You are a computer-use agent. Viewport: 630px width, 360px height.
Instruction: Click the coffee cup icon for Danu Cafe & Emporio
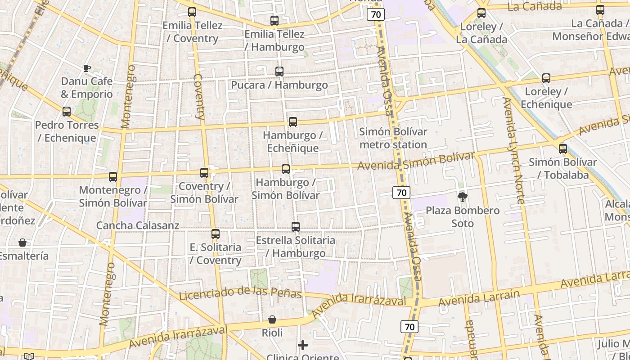(86, 68)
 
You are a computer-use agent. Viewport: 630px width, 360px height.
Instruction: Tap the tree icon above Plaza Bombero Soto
(462, 197)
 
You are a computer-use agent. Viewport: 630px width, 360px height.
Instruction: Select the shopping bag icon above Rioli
(272, 320)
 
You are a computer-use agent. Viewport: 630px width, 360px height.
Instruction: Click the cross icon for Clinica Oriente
(303, 345)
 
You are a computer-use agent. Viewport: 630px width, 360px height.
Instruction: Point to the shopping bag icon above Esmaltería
(22, 243)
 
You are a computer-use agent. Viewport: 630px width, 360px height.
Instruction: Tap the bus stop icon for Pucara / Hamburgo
(279, 72)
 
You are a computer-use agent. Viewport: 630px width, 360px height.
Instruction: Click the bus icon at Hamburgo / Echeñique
(293, 122)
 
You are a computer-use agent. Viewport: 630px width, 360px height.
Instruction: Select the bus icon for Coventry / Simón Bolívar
(204, 173)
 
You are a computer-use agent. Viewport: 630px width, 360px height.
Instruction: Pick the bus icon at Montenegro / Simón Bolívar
(113, 177)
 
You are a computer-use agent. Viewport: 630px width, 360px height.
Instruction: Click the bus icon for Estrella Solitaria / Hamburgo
(296, 227)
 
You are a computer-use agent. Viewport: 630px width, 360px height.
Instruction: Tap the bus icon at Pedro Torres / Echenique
(67, 112)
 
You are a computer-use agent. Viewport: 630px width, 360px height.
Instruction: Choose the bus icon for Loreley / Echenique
(546, 78)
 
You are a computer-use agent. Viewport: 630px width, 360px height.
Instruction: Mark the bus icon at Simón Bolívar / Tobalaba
(563, 149)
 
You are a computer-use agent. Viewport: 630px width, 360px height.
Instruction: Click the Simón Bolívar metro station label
(393, 138)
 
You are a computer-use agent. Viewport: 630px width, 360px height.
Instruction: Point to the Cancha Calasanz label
(138, 225)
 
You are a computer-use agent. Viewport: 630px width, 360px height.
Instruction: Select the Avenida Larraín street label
(479, 298)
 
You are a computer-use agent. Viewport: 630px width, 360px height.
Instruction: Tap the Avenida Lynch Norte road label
(514, 151)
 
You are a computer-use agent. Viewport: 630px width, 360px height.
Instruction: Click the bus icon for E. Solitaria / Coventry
(216, 234)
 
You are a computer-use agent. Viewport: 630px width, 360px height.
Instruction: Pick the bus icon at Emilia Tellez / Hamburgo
(274, 21)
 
